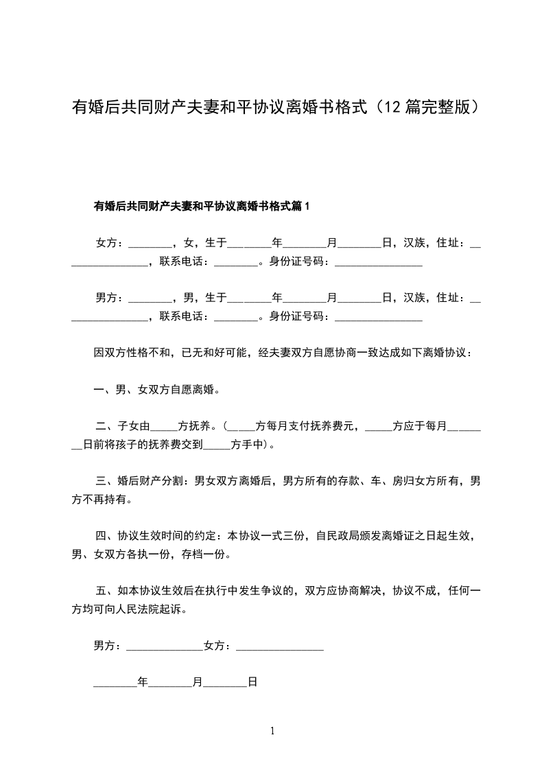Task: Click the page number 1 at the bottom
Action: pyautogui.click(x=272, y=731)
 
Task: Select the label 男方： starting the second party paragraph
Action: pyautogui.click(x=110, y=297)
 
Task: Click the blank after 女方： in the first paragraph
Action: pyautogui.click(x=150, y=244)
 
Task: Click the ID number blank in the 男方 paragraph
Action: pyautogui.click(x=378, y=317)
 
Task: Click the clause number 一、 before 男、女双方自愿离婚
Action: pyautogui.click(x=104, y=390)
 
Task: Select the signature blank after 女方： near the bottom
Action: pyautogui.click(x=279, y=647)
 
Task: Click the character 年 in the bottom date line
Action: pyautogui.click(x=143, y=682)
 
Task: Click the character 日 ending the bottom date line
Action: pyautogui.click(x=252, y=682)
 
